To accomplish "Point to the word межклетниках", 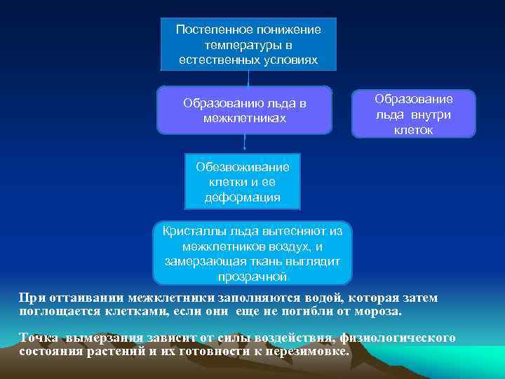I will pos(244,118).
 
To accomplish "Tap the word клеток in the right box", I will pos(414,130).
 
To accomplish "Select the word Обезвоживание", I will pos(243,168).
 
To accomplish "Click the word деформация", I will pos(243,197).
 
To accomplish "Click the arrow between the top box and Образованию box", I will pos(249,78).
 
